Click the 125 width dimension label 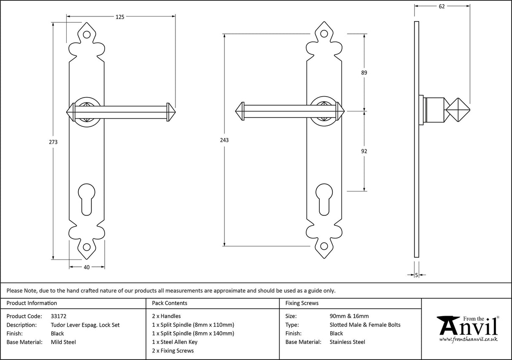coord(120,17)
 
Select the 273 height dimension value coord(53,142)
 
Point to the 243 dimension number coord(224,140)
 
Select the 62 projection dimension coord(442,6)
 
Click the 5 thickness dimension coord(417,275)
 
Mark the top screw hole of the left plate coord(87,35)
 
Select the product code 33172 coord(58,316)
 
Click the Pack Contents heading coord(169,303)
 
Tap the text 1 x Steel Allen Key coord(175,342)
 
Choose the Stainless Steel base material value coord(347,342)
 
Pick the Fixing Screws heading coord(302,303)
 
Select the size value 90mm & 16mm coord(349,316)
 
